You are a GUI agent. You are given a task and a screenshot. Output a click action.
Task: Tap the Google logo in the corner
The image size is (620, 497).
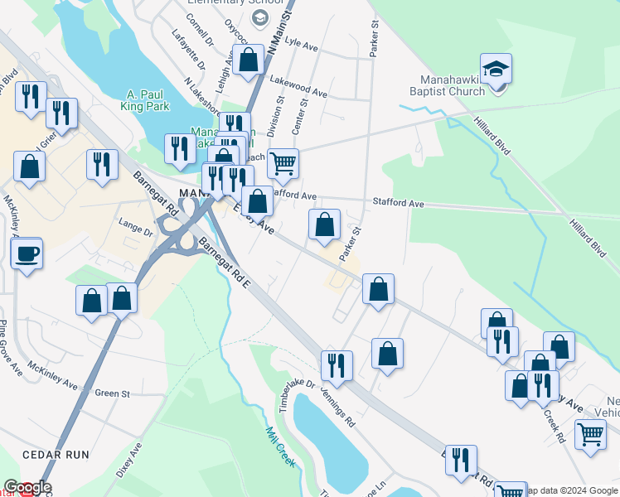pos(27,487)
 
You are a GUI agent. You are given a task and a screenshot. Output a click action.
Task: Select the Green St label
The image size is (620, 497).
pos(113,393)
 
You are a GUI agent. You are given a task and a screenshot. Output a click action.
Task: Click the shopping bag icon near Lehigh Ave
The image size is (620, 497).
pos(248,60)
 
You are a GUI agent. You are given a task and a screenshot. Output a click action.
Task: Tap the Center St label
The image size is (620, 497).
pos(300,116)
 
